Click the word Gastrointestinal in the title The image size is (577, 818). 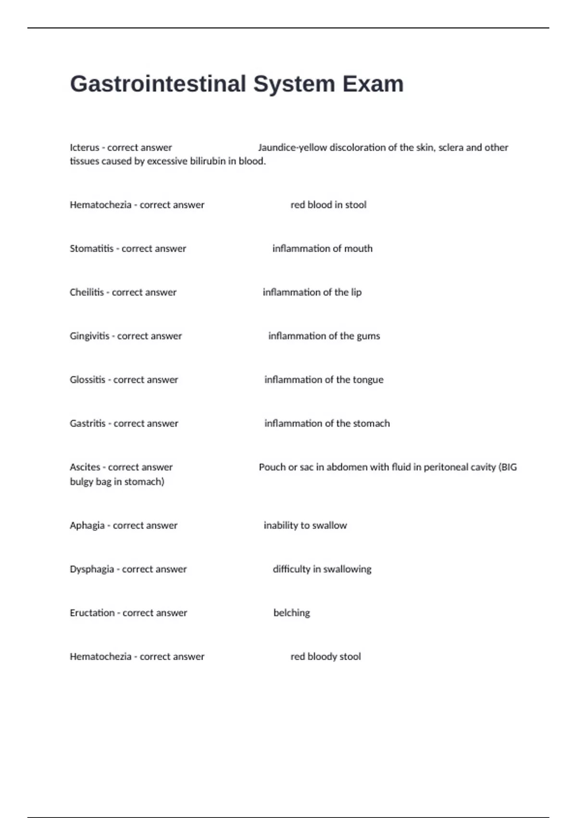(158, 84)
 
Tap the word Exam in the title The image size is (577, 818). (373, 84)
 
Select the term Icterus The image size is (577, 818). (84, 148)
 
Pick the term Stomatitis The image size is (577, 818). (91, 249)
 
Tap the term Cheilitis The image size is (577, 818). (87, 293)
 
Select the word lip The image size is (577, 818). (356, 293)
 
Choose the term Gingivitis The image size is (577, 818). (89, 336)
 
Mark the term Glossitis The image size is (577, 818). (88, 380)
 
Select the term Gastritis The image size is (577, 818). (88, 424)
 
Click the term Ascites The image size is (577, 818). (85, 467)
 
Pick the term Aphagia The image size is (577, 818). (87, 525)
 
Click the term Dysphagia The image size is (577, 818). (92, 569)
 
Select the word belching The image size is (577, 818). (291, 613)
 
